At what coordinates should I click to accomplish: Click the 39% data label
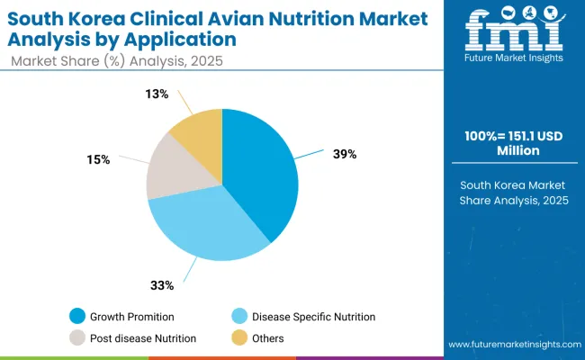pyautogui.click(x=344, y=154)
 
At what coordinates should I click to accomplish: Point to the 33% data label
pyautogui.click(x=163, y=286)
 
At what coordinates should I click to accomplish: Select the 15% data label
pyautogui.click(x=99, y=159)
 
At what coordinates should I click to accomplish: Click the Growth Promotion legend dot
pyautogui.click(x=78, y=317)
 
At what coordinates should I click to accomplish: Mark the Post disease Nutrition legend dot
pyautogui.click(x=78, y=338)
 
